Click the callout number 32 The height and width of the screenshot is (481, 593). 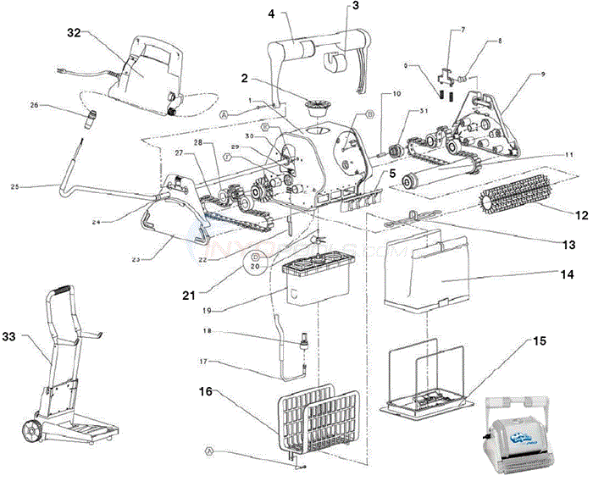pyautogui.click(x=74, y=33)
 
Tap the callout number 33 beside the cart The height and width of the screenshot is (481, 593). pyautogui.click(x=11, y=336)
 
